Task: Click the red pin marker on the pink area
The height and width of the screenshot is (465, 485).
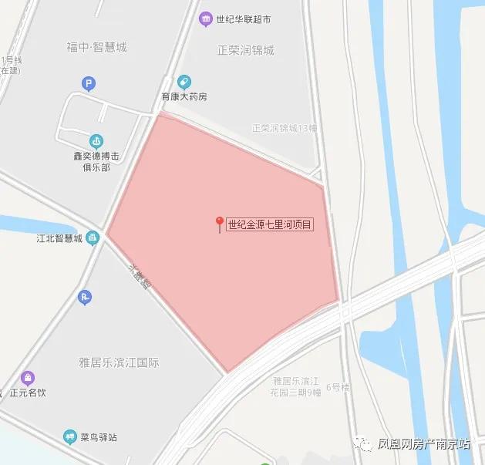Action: (x=220, y=224)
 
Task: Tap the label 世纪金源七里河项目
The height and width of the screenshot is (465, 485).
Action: (x=270, y=225)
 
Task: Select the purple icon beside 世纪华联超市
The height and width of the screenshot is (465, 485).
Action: (x=205, y=19)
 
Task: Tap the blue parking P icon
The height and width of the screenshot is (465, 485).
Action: (x=89, y=83)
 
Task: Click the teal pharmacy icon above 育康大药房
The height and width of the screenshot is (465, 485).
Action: (x=184, y=82)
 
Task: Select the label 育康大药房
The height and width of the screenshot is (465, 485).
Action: (x=184, y=97)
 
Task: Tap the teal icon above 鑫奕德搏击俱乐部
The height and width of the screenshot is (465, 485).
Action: (x=96, y=141)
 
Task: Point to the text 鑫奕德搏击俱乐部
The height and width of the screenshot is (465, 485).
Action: (x=92, y=161)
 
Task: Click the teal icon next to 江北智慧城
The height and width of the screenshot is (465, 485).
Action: (x=93, y=238)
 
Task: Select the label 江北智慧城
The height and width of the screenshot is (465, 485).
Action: (x=59, y=238)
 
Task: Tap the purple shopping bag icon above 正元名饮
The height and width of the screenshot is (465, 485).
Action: (x=29, y=378)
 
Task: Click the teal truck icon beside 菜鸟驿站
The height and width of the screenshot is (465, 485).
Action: (x=71, y=437)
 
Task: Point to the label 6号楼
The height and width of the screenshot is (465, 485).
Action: (x=338, y=386)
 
